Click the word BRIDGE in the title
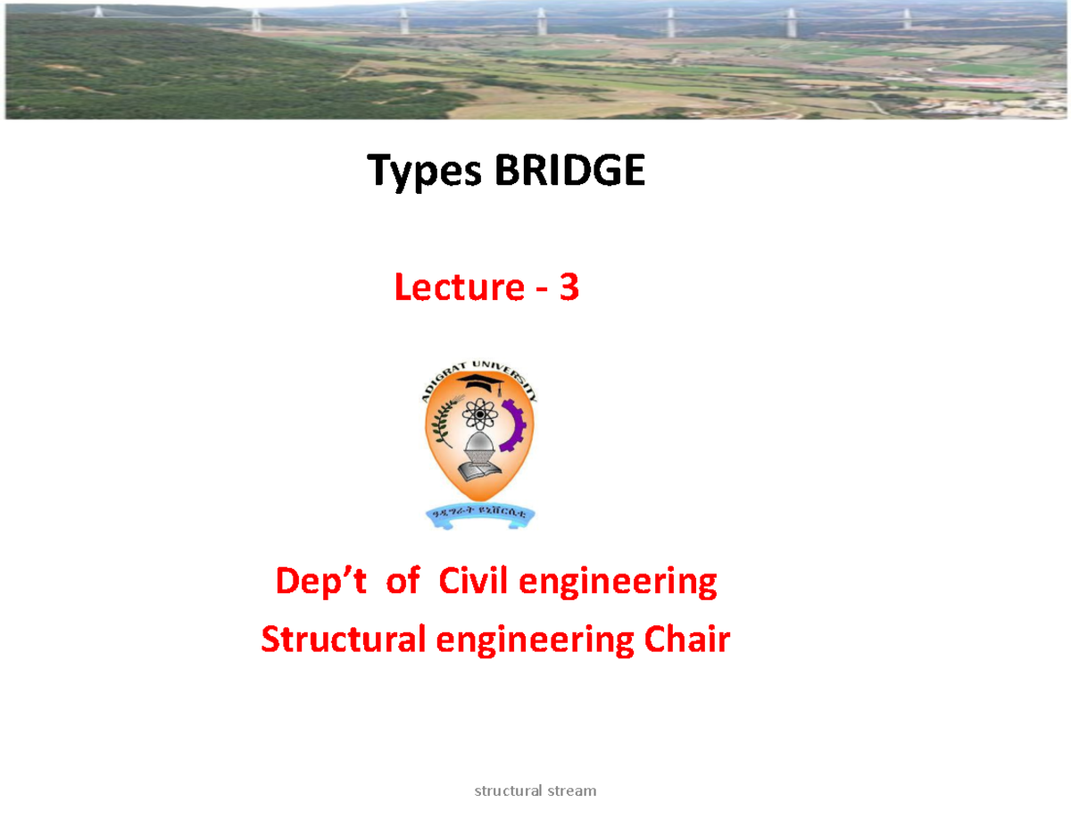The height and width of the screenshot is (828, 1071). pos(569,171)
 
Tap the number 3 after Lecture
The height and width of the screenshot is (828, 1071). pos(569,288)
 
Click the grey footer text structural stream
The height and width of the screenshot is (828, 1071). pos(535,790)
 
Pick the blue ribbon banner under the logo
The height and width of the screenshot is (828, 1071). pos(479,514)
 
